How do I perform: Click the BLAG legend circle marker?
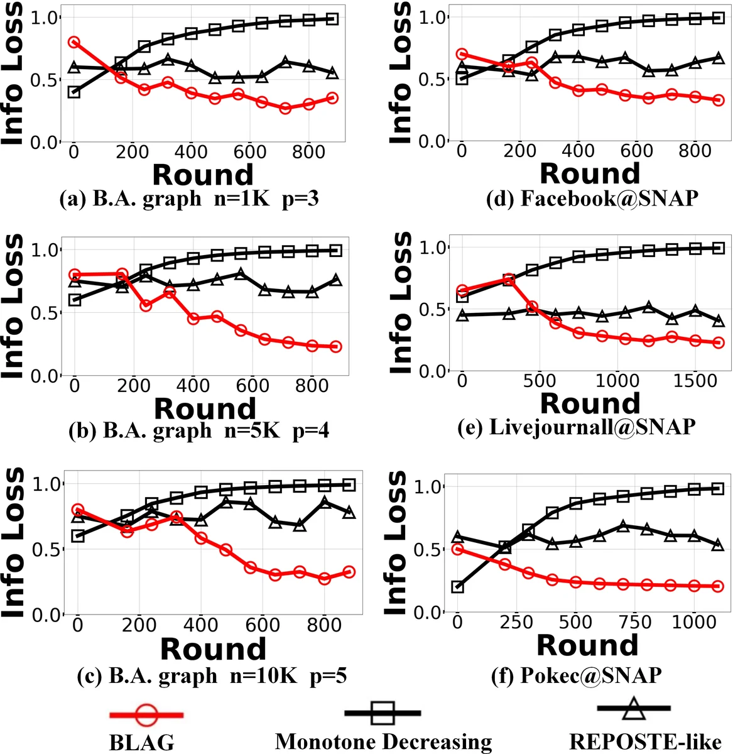click(x=146, y=715)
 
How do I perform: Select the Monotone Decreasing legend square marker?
click(x=383, y=713)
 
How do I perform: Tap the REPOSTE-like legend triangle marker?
click(x=634, y=708)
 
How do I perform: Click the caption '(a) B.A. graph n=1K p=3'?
click(x=188, y=199)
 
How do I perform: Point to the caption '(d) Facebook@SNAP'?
click(x=592, y=199)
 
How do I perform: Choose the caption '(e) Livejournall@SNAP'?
click(x=592, y=427)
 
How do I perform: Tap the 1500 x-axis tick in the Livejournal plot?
click(x=695, y=381)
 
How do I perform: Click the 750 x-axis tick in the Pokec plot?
click(x=634, y=622)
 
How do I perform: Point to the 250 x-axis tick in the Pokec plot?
click(x=516, y=622)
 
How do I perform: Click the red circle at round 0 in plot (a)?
click(x=74, y=42)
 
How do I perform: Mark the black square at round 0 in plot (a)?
click(x=74, y=92)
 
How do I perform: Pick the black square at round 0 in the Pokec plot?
click(x=457, y=587)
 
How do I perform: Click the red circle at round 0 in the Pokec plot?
click(x=457, y=549)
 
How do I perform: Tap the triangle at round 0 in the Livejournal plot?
click(x=462, y=315)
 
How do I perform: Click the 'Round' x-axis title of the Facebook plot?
click(x=590, y=173)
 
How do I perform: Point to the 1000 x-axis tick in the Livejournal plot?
click(x=617, y=381)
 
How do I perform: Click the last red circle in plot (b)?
click(x=335, y=346)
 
